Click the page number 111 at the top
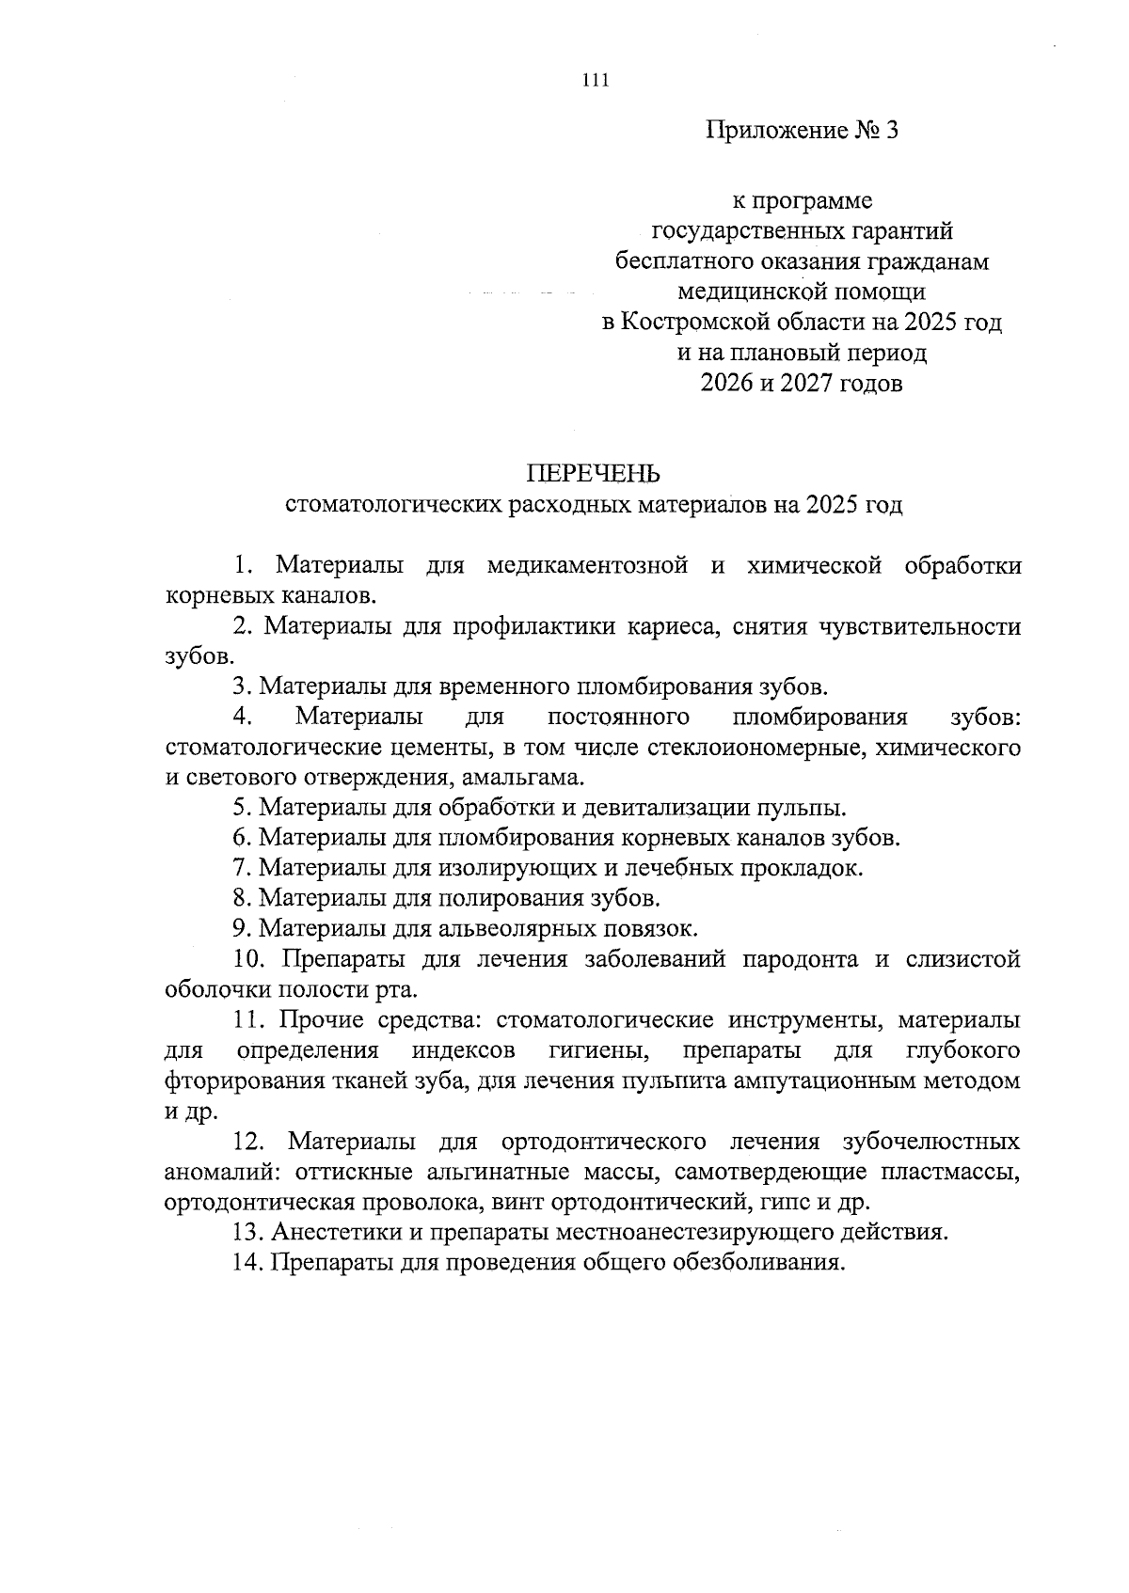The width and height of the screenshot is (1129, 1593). [596, 80]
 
